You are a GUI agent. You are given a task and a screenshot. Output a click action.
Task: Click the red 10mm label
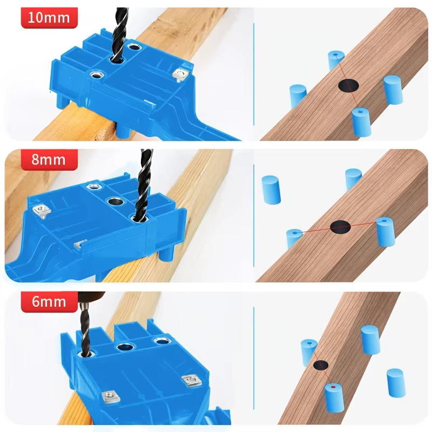tap(49, 18)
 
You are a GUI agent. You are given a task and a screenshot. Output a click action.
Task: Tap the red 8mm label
tap(49, 160)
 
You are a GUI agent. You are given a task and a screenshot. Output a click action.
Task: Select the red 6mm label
tap(49, 302)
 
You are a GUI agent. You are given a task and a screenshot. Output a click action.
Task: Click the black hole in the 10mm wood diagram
tap(348, 85)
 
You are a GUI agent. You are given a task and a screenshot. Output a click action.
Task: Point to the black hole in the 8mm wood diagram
tap(340, 227)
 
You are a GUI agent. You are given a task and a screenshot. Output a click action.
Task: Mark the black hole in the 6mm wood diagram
tap(321, 366)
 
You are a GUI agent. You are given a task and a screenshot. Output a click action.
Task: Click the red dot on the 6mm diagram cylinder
tap(333, 387)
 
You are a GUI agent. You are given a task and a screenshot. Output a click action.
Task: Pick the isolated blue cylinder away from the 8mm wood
tap(271, 190)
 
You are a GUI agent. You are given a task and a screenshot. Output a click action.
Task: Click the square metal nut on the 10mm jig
tap(181, 75)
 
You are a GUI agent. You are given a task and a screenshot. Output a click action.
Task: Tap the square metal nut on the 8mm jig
tap(42, 211)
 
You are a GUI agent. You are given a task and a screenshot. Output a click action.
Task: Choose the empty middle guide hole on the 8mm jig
tap(116, 201)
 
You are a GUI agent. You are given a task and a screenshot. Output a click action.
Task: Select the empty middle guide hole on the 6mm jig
tap(125, 347)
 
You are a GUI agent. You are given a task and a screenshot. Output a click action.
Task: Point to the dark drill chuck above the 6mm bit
tap(91, 298)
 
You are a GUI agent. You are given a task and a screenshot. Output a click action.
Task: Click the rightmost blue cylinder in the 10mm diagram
tap(393, 90)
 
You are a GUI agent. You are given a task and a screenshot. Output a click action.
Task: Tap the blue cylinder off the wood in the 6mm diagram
tap(396, 383)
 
